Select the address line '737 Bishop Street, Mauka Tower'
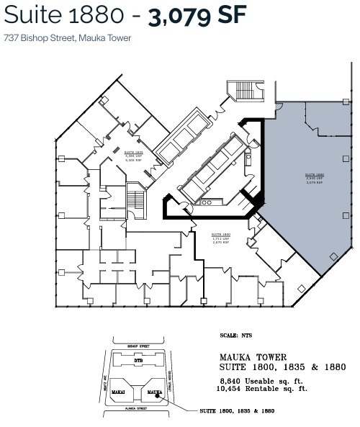68,37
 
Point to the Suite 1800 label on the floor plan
220,238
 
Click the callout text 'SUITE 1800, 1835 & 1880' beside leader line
237,410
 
